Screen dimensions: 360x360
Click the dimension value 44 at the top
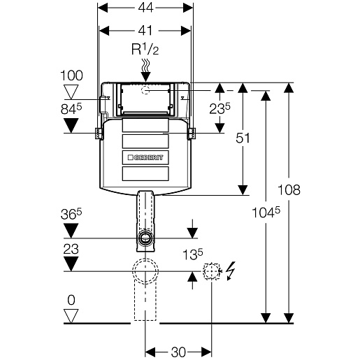pos(145,8)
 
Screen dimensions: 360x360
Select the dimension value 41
pos(145,30)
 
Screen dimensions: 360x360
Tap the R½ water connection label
pos(145,50)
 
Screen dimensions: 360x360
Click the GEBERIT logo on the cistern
pos(145,157)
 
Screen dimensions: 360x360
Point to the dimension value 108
pos(289,189)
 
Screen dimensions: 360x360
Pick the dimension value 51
pos(243,138)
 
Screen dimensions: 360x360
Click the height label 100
pos(71,75)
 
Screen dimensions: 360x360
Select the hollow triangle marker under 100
pos(71,92)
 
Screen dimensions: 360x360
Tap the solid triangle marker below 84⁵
pos(71,126)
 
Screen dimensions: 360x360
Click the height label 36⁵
pos(71,214)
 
